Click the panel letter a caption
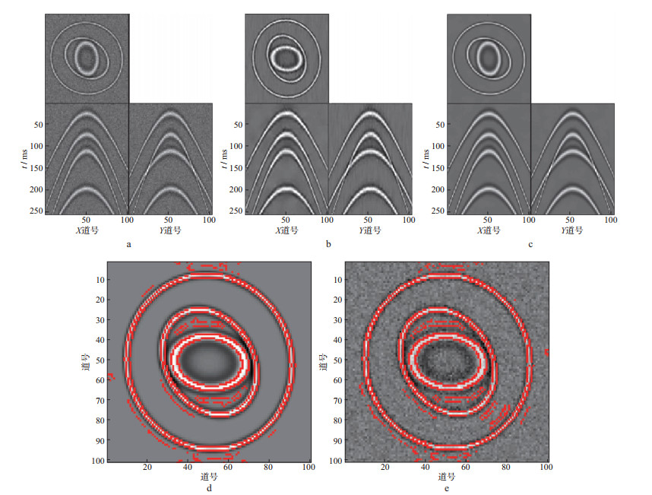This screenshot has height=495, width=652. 129,245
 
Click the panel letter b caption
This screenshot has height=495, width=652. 328,244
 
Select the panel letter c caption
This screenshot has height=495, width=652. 530,245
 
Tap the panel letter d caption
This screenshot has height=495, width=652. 209,488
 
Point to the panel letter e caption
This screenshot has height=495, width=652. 447,488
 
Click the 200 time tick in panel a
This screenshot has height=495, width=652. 36,189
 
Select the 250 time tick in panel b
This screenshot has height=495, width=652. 236,211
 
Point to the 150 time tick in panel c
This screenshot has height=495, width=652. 438,168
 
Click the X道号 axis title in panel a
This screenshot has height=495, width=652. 87,230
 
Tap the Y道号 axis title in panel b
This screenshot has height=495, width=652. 370,230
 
